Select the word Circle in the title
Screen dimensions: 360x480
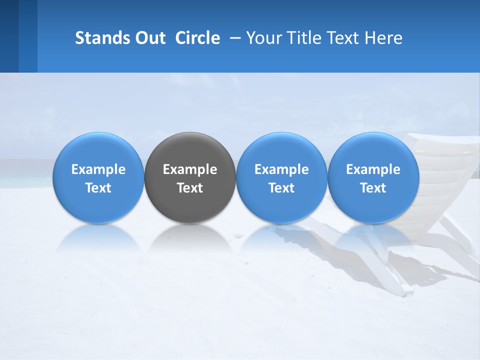(x=197, y=38)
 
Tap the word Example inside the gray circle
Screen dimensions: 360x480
(x=190, y=169)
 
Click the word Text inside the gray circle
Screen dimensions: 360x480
(x=190, y=188)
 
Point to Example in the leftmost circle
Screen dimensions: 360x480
(x=98, y=169)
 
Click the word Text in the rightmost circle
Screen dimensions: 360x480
(x=373, y=188)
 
